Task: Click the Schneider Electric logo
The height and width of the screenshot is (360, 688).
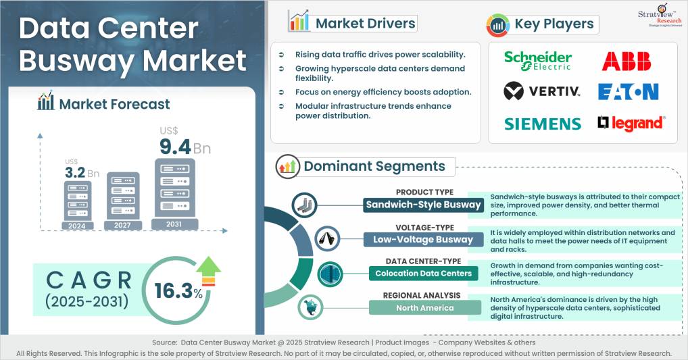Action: tap(538, 60)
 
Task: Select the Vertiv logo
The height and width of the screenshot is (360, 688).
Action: tap(542, 91)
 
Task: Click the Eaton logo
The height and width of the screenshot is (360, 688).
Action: tap(628, 91)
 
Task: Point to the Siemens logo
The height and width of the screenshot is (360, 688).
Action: tap(543, 124)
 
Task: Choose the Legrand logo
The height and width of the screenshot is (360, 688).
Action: tap(631, 123)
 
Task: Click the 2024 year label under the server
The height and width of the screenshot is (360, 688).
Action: tap(76, 225)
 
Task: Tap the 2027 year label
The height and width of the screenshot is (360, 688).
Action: tap(122, 225)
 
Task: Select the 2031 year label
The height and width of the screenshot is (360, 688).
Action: tap(174, 224)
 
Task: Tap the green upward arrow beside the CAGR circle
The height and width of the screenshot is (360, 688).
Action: tap(209, 270)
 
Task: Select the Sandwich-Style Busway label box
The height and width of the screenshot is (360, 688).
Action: tap(423, 205)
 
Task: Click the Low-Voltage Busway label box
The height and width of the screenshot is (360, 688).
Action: tap(423, 239)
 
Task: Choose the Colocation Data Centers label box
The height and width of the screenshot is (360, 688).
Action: tap(423, 273)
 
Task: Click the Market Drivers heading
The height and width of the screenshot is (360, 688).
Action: tap(366, 24)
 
